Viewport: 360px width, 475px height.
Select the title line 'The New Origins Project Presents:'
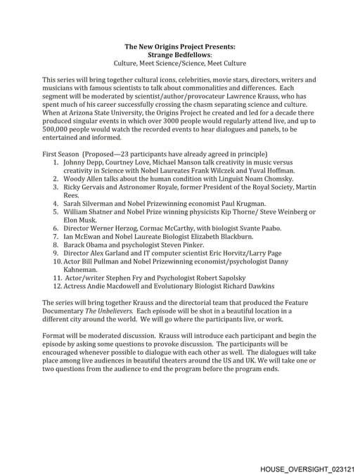tap(180, 46)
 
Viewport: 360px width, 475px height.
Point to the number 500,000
tap(58, 129)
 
